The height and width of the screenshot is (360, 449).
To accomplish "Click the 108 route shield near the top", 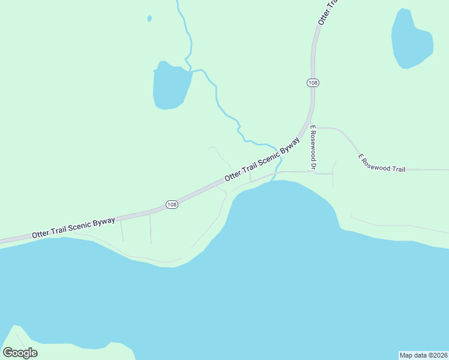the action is coord(312,82).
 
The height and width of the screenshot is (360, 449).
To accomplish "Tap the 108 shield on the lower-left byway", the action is coord(172,205).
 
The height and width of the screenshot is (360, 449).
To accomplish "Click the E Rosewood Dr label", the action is coord(313,146).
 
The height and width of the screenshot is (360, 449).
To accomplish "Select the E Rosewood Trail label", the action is coord(382,163).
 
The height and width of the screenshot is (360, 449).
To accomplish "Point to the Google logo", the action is coord(20,352).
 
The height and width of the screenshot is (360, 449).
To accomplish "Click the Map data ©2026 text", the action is coord(423,355).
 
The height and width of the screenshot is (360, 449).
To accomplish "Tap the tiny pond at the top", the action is coord(149,19).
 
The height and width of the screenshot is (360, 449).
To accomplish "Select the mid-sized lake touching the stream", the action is coord(170,86).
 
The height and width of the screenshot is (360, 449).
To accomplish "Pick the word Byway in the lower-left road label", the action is coord(104,223).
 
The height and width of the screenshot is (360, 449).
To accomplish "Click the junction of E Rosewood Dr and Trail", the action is coord(314,127).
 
